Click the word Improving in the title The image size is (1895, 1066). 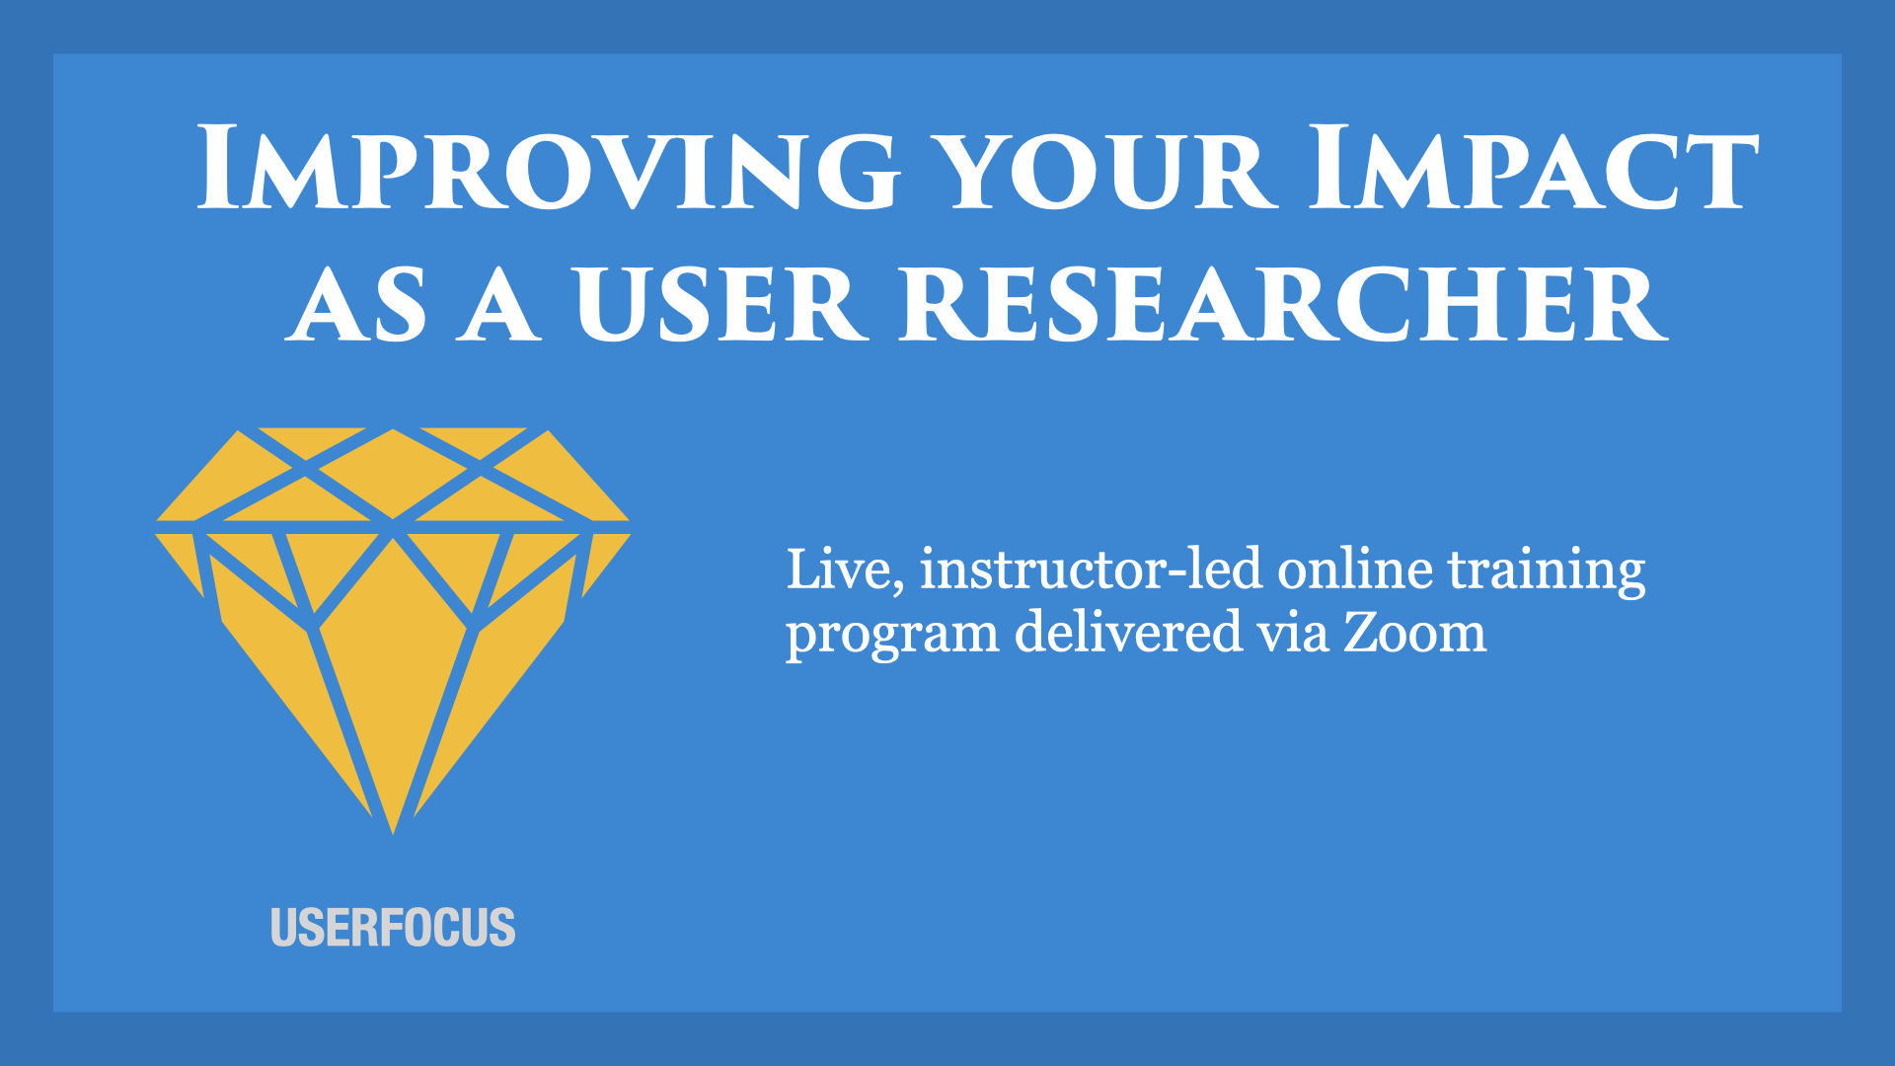[x=548, y=168]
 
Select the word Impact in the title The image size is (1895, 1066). [x=1533, y=168]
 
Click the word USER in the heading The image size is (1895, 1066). [x=720, y=304]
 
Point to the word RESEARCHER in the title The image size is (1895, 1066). [x=1283, y=304]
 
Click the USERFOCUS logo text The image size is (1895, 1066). [x=393, y=928]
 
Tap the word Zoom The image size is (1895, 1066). [x=1414, y=633]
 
